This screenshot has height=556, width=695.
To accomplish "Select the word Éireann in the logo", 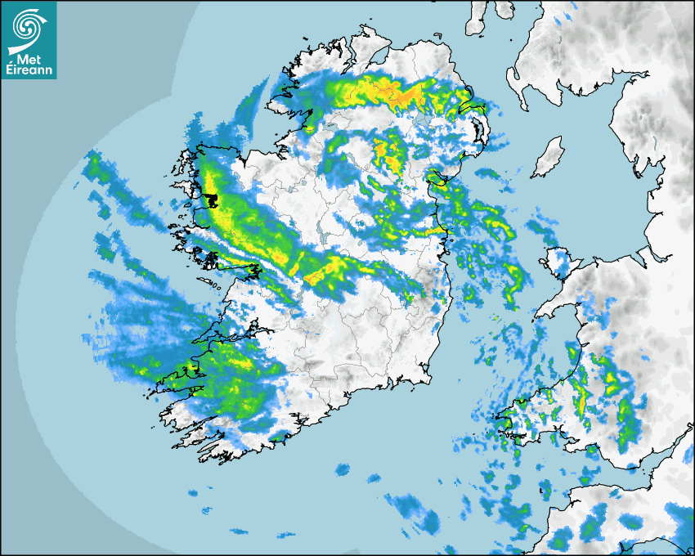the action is (x=29, y=69).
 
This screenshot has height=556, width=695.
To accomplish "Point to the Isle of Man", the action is (x=549, y=157).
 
